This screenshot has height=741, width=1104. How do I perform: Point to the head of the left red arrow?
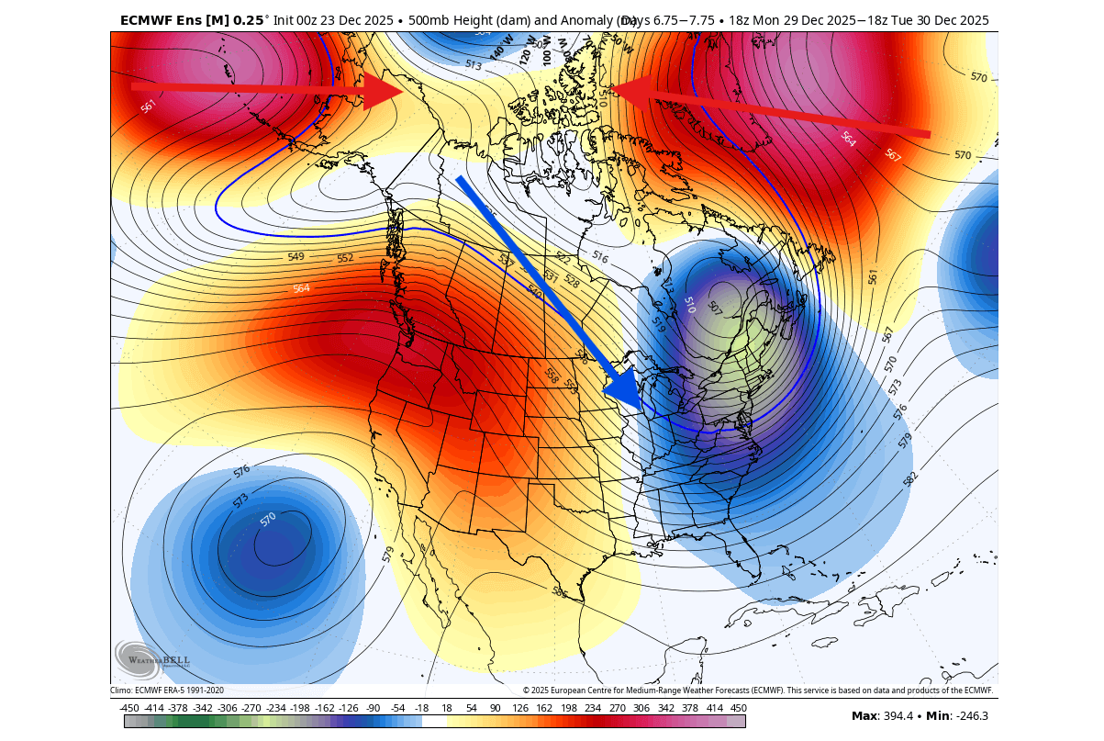point(400,90)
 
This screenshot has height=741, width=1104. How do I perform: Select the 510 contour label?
point(689,305)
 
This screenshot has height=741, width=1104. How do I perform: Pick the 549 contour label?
point(296,257)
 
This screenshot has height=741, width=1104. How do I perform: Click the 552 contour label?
point(345,258)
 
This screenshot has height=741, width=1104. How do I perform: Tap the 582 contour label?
point(909,478)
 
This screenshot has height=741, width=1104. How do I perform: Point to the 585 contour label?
point(559,592)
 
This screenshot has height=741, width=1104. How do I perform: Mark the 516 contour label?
point(600,256)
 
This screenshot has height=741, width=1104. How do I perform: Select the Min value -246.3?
point(971,716)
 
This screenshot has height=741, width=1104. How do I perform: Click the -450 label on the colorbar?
point(129,708)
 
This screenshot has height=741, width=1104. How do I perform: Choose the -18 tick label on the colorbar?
point(421,708)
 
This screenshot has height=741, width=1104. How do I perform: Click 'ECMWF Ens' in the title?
point(161,19)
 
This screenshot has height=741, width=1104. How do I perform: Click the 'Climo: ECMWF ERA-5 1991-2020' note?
point(167,690)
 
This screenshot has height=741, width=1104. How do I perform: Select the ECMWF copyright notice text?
point(758,690)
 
